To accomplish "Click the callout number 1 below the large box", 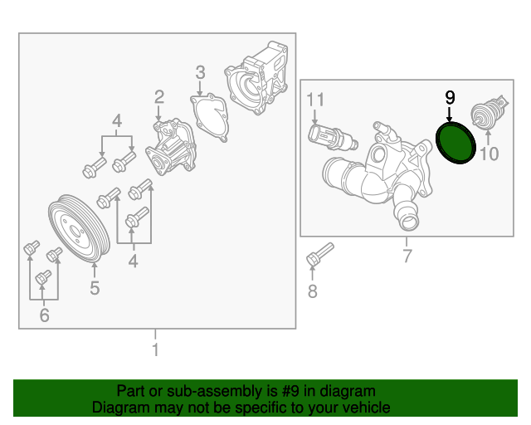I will click(x=154, y=349).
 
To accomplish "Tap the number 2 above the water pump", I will click(x=158, y=99).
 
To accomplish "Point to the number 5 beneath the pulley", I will click(x=95, y=288).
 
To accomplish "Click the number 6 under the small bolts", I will click(x=44, y=315).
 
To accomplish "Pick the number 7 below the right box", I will click(x=407, y=256).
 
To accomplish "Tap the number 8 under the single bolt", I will click(x=312, y=291).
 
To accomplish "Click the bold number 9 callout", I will click(x=450, y=97).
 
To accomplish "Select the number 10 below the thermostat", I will click(x=490, y=153).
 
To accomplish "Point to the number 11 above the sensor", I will click(x=314, y=100).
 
